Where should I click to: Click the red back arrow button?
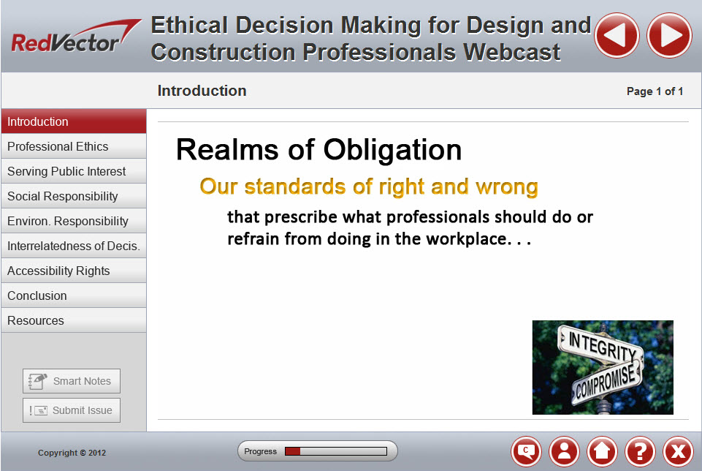pos(617,35)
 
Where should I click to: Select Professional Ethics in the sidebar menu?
pos(74,146)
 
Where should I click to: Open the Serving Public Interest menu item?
pos(74,171)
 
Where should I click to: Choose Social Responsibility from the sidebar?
pos(74,196)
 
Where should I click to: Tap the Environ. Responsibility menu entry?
pos(74,221)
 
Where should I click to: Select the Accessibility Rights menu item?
pos(74,271)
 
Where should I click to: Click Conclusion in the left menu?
pos(74,295)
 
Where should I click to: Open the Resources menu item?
pos(74,320)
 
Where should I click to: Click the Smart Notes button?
pos(72,381)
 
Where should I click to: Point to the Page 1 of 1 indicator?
pos(655,91)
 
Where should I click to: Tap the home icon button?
pos(602,451)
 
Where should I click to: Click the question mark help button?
pos(640,451)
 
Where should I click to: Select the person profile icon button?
pos(564,451)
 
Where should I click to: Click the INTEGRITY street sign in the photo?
pos(600,344)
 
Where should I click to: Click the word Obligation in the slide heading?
pos(392,150)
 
